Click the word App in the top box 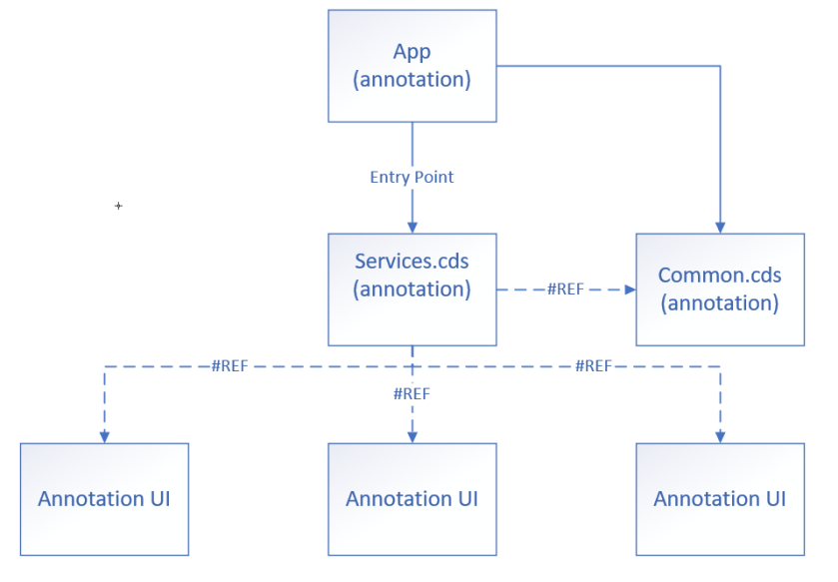click(x=412, y=52)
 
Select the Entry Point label click(x=412, y=177)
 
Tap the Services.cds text click(x=412, y=262)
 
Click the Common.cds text click(x=719, y=275)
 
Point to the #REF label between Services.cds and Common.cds click(x=564, y=290)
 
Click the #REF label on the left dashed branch click(x=229, y=366)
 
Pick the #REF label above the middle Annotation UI click(x=412, y=393)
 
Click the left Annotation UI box click(x=104, y=499)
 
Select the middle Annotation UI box click(x=412, y=499)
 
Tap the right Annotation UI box click(x=719, y=499)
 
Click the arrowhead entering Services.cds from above click(x=412, y=228)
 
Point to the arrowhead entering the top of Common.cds click(x=719, y=227)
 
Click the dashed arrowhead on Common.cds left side click(x=629, y=290)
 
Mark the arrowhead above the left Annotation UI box click(x=104, y=436)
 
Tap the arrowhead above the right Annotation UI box click(x=719, y=436)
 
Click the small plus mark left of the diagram click(x=118, y=206)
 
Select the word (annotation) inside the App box click(x=412, y=79)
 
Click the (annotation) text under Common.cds click(x=719, y=302)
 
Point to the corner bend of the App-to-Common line click(x=719, y=66)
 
